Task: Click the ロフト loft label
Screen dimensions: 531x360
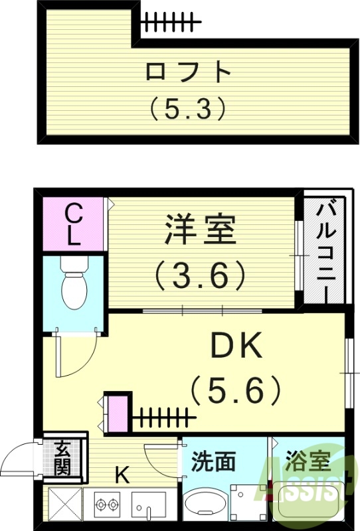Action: pyautogui.click(x=189, y=72)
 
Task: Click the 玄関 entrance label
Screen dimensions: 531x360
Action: pyautogui.click(x=62, y=457)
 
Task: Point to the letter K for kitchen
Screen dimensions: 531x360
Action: pyautogui.click(x=121, y=475)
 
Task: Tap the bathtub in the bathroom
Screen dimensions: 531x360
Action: pyautogui.click(x=307, y=508)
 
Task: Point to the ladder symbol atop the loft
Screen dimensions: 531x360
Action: pyautogui.click(x=170, y=23)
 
